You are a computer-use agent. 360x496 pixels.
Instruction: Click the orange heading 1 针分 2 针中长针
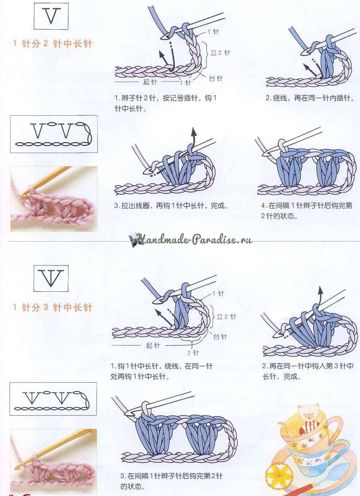(x=53, y=44)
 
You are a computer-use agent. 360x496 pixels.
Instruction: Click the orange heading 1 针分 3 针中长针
(x=53, y=307)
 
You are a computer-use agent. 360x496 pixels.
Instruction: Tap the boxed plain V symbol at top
(x=51, y=16)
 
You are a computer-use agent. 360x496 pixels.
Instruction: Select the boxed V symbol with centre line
(x=51, y=278)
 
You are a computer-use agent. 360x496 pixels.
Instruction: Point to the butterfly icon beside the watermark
(x=133, y=239)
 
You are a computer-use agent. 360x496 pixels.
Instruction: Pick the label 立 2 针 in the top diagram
(x=220, y=53)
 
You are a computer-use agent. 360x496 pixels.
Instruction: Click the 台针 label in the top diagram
(x=216, y=79)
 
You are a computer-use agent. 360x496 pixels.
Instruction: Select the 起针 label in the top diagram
(x=150, y=82)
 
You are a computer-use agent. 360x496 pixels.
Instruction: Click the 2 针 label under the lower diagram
(x=193, y=352)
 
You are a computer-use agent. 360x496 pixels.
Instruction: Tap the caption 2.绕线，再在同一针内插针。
(x=310, y=98)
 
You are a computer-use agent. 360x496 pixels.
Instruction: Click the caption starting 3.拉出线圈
(x=171, y=206)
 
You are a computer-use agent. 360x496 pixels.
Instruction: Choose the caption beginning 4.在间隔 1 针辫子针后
(x=307, y=211)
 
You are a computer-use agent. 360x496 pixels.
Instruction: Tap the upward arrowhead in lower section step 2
(x=321, y=290)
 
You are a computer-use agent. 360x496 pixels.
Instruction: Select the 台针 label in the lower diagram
(x=220, y=337)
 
